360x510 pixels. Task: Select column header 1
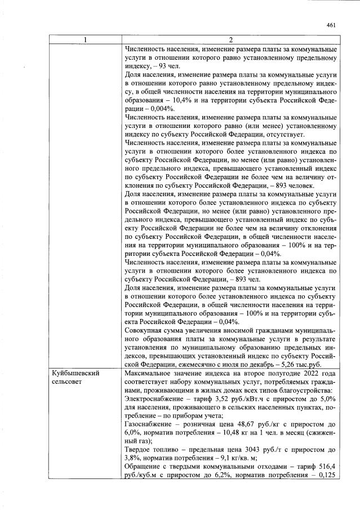(85, 41)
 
